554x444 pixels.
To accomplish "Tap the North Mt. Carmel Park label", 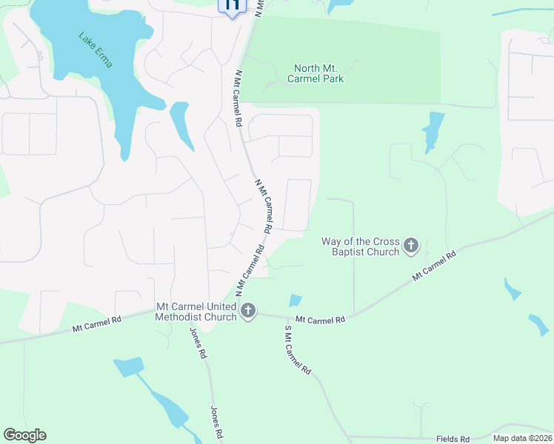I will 318,73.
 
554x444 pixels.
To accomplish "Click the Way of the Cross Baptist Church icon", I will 412,246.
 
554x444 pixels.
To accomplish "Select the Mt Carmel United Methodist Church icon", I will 248,312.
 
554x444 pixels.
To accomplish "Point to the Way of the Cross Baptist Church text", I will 361,246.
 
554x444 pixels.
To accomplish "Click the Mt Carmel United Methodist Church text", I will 196,312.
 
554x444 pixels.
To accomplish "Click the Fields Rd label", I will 453,439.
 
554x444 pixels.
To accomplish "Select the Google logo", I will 24,435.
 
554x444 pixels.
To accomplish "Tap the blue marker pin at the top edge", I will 232,6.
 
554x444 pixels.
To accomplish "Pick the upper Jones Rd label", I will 198,343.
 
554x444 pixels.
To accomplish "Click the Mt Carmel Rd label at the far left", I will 97,323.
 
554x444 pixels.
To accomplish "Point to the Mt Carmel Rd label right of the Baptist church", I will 434,264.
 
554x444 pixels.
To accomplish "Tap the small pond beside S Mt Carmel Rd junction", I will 295,300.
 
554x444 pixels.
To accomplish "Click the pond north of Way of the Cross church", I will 433,129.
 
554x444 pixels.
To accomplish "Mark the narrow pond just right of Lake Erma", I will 181,124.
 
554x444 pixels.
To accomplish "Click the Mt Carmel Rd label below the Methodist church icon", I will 321,320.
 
